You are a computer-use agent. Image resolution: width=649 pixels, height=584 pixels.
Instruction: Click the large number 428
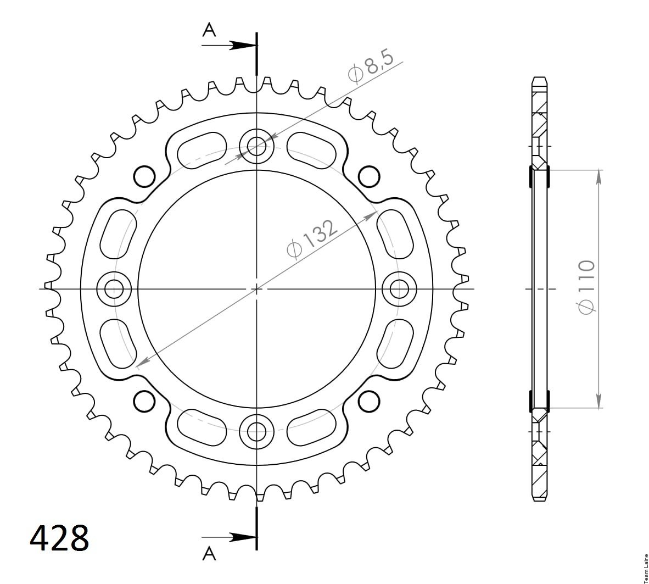point(60,538)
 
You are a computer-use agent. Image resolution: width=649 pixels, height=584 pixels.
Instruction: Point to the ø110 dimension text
point(586,287)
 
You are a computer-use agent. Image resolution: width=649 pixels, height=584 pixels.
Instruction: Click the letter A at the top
point(209,30)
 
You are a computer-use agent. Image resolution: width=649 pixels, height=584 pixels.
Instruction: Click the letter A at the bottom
point(209,553)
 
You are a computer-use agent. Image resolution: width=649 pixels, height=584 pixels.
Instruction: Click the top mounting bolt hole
point(256,146)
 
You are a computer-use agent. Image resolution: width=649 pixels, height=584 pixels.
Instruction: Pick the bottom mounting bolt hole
point(256,431)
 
